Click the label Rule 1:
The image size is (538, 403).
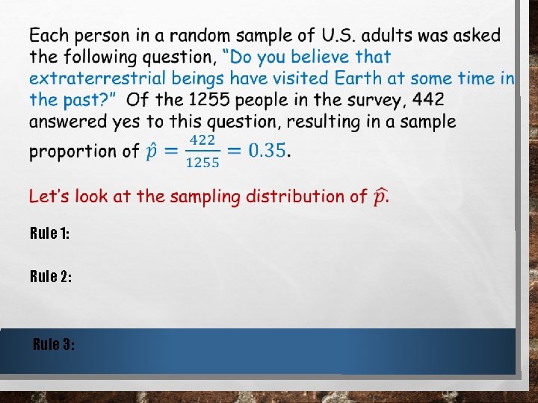pyautogui.click(x=50, y=234)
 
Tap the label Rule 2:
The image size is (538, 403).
pyautogui.click(x=51, y=277)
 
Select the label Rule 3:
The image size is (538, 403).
pyautogui.click(x=54, y=344)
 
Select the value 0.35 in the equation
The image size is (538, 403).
pyautogui.click(x=267, y=150)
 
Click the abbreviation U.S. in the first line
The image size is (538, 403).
pyautogui.click(x=338, y=36)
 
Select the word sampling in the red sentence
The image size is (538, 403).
pyautogui.click(x=206, y=197)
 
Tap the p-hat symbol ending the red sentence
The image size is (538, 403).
pyautogui.click(x=380, y=197)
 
